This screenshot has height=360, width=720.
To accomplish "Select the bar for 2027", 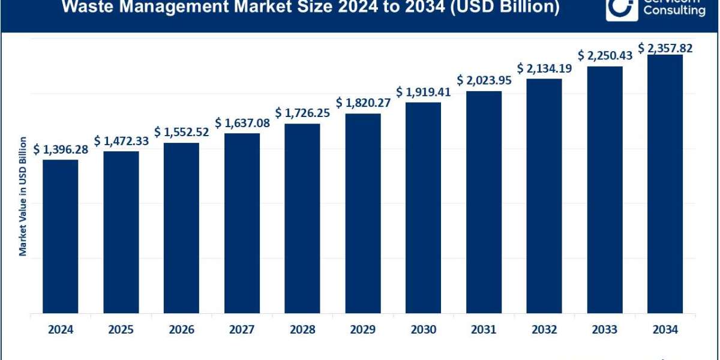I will [242, 223].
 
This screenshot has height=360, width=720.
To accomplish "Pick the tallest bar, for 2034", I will [665, 184].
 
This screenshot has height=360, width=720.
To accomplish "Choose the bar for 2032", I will [544, 196].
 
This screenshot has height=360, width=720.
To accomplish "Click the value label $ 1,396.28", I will [61, 149].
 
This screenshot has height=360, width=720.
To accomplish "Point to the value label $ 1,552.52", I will [181, 132].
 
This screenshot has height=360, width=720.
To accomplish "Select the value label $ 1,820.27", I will [362, 103].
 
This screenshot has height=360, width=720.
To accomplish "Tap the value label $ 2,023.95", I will [484, 80].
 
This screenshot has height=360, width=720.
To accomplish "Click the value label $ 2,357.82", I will [665, 48].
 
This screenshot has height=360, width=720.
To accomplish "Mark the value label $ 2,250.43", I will [605, 55].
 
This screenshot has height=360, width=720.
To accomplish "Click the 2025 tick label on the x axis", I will [121, 329].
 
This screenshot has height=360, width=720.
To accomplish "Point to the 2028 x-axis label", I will [302, 329].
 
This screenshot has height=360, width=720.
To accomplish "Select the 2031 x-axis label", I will [484, 329].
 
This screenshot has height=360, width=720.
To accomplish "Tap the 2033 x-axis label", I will [605, 329].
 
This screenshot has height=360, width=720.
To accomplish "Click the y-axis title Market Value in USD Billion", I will [23, 197].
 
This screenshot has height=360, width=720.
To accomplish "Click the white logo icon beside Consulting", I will [621, 8].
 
